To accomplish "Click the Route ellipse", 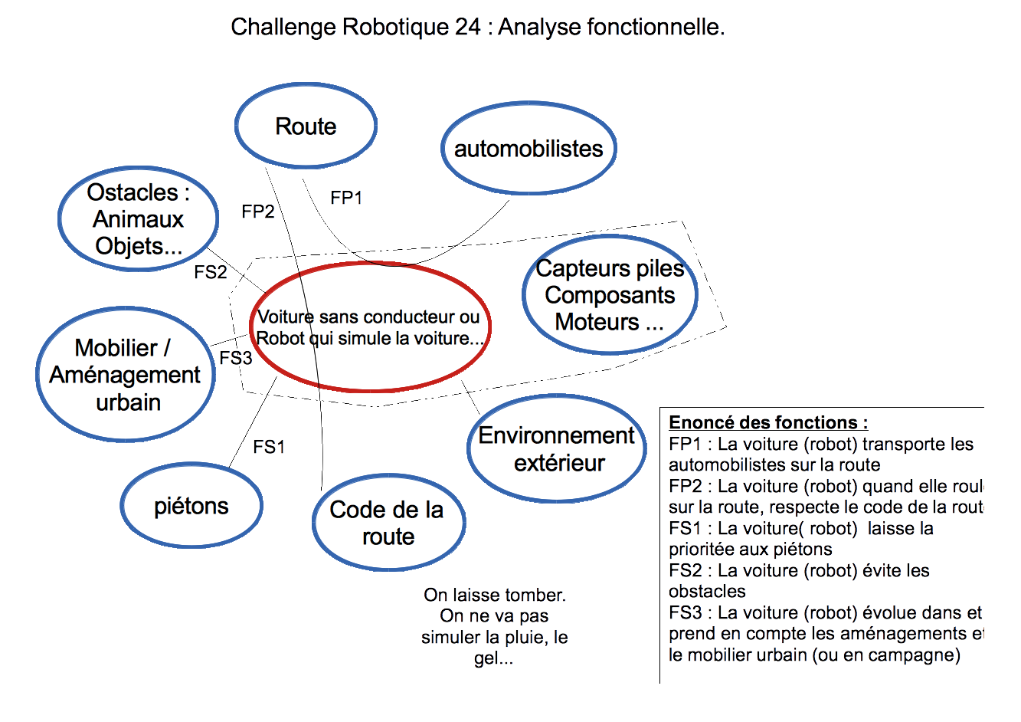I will [x=306, y=126].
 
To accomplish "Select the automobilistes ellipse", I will [x=528, y=148].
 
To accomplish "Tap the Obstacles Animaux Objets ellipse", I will [x=138, y=219].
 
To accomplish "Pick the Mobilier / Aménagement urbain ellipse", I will [x=126, y=375].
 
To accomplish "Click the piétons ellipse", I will [x=191, y=506].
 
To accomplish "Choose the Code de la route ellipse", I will [x=388, y=523].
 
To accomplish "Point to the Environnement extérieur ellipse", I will [x=557, y=449].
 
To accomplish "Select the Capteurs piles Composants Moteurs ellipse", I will [x=610, y=295].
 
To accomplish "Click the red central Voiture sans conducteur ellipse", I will [x=370, y=327].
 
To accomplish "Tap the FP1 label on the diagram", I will [x=346, y=198].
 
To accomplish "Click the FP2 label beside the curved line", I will [x=257, y=212].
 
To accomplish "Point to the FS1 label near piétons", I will [x=269, y=447].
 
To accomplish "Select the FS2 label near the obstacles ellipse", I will [x=210, y=272].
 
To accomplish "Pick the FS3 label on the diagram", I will [x=235, y=358].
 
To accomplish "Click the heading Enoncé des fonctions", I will [x=768, y=422].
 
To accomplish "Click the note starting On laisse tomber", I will [x=495, y=626].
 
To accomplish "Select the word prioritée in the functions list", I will [x=704, y=550].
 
